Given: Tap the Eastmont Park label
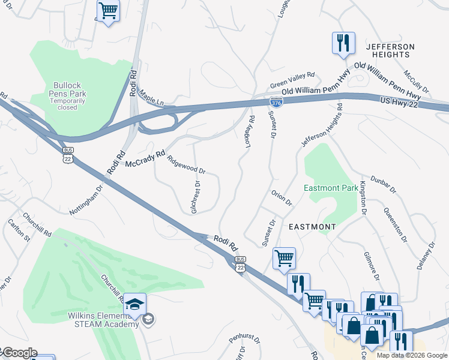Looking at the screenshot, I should pyautogui.click(x=331, y=188).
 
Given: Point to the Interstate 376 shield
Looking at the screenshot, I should pyautogui.click(x=276, y=103).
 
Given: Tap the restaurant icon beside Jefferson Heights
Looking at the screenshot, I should pyautogui.click(x=343, y=43).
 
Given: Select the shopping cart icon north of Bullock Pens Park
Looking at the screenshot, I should pyautogui.click(x=108, y=11).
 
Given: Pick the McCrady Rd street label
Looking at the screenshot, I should pyautogui.click(x=145, y=159).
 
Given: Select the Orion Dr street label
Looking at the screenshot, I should pyautogui.click(x=281, y=199).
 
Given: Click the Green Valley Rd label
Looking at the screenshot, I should pyautogui.click(x=292, y=76).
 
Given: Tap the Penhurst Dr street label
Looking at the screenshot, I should pyautogui.click(x=244, y=340).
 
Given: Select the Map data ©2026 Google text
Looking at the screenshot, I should pyautogui.click(x=411, y=355).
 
